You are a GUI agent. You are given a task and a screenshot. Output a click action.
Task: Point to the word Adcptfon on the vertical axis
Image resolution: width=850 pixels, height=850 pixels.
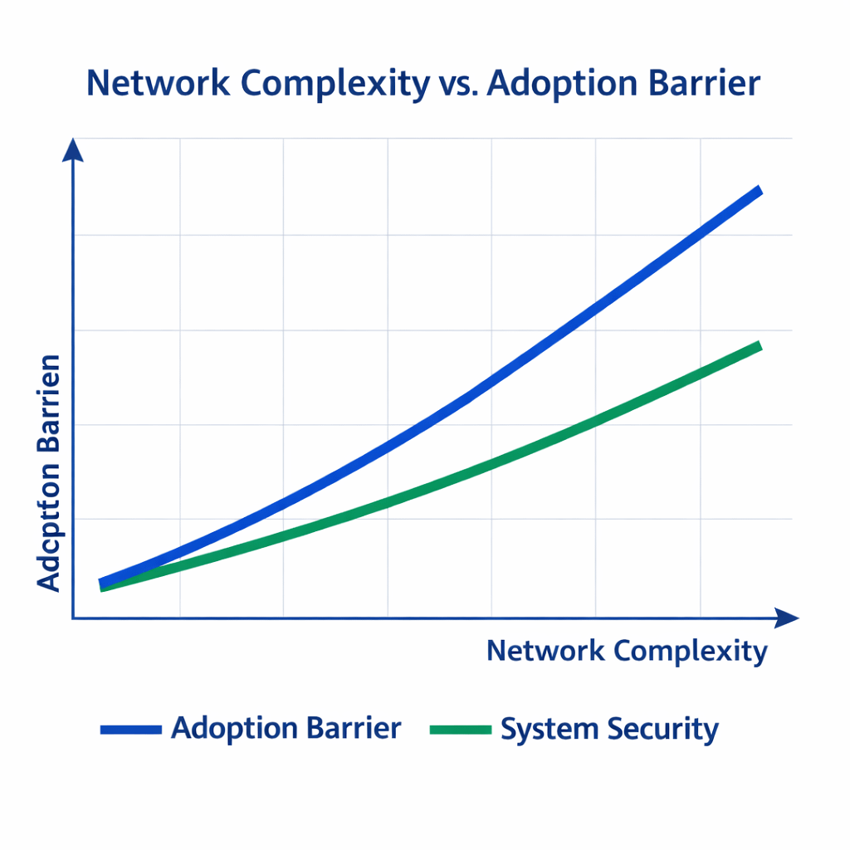pos(50,533)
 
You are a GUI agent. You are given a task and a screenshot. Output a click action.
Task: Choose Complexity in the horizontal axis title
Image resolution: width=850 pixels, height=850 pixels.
pos(691,652)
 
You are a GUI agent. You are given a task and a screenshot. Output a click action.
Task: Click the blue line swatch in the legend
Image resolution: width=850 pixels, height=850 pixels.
pos(130,730)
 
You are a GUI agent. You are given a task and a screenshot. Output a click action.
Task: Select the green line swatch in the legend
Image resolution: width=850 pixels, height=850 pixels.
pos(461,730)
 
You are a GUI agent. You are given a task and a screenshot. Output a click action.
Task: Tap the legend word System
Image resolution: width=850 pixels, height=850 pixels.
pos(549,730)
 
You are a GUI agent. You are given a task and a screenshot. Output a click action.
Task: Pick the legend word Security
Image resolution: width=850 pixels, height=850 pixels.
pos(662,730)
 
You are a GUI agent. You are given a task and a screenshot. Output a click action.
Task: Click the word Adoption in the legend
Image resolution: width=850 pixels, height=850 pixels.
pos(235,728)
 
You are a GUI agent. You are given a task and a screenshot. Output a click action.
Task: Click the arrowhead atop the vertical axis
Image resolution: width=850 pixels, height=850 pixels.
pos(73,149)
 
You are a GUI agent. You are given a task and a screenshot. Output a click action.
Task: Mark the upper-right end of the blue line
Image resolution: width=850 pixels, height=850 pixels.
pos(758,192)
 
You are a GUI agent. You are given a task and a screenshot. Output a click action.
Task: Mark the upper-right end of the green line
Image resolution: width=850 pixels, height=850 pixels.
pos(758,345)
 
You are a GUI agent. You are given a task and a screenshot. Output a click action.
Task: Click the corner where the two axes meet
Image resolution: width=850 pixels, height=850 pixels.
pos(73,618)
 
